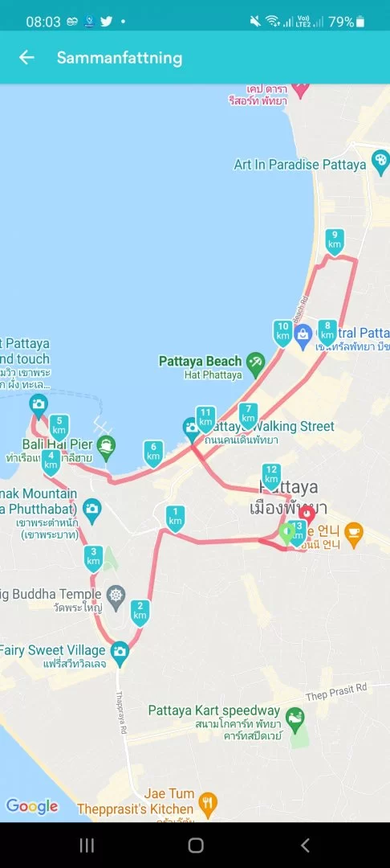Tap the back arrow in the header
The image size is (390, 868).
tap(27, 57)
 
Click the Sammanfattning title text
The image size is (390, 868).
tap(120, 58)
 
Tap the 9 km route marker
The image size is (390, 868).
tap(335, 240)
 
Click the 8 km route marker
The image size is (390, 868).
tap(327, 330)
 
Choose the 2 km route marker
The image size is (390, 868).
tap(140, 611)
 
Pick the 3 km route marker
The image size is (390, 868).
tap(94, 556)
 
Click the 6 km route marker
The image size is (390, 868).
tap(153, 452)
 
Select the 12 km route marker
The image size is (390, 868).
tap(271, 475)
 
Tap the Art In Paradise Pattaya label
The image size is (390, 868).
tap(300, 164)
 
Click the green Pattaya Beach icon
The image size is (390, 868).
tap(255, 362)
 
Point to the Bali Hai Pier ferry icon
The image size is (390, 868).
tap(105, 444)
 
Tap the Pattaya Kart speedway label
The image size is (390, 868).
tap(214, 710)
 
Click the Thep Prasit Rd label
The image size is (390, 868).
tap(335, 687)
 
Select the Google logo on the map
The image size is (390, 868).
tap(32, 806)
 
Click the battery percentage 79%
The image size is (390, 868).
tap(341, 22)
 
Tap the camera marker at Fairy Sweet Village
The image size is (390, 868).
tap(120, 650)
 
